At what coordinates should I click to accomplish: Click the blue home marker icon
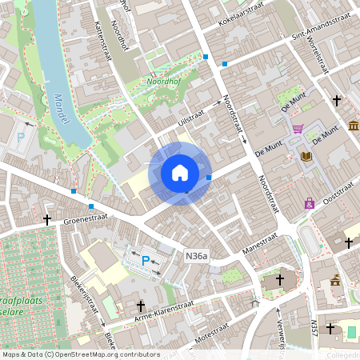180,172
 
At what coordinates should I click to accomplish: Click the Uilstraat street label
190,118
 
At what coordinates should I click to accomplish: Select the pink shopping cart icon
298,129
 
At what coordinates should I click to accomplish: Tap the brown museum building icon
354,126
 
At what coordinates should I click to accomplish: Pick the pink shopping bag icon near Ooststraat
309,203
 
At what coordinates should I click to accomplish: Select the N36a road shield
196,257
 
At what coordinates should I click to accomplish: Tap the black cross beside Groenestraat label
47,218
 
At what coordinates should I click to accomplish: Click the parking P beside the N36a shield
146,260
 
